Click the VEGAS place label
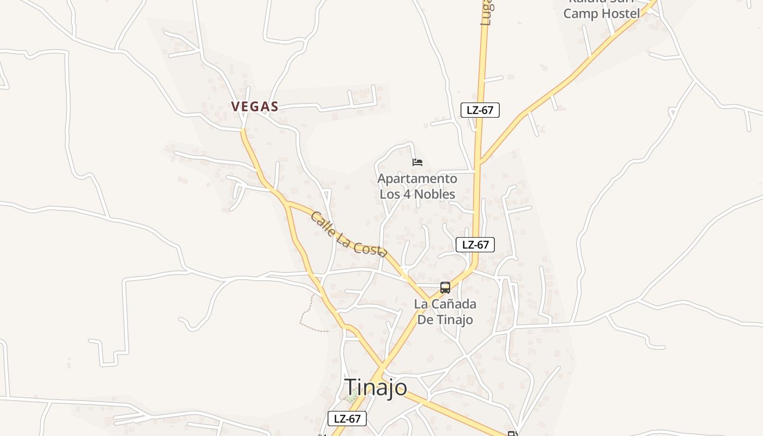255,107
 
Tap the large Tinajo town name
376,387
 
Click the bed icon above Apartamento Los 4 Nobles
417,162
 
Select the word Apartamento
417,179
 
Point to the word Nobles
434,194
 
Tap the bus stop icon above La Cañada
445,287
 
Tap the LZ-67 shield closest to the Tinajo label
347,419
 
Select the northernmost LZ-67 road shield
480,110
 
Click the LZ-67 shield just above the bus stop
475,245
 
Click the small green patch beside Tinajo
352,398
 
